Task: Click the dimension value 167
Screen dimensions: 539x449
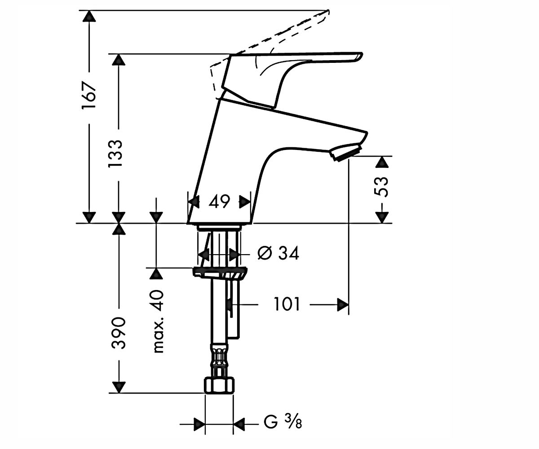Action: [89, 96]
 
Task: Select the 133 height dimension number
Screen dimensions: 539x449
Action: [115, 154]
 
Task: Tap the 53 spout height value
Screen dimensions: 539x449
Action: [381, 187]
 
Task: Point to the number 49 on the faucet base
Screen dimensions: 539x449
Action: [219, 202]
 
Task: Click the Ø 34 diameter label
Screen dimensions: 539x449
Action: [278, 253]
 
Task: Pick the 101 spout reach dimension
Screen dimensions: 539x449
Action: [287, 304]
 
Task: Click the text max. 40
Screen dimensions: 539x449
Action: [158, 322]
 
